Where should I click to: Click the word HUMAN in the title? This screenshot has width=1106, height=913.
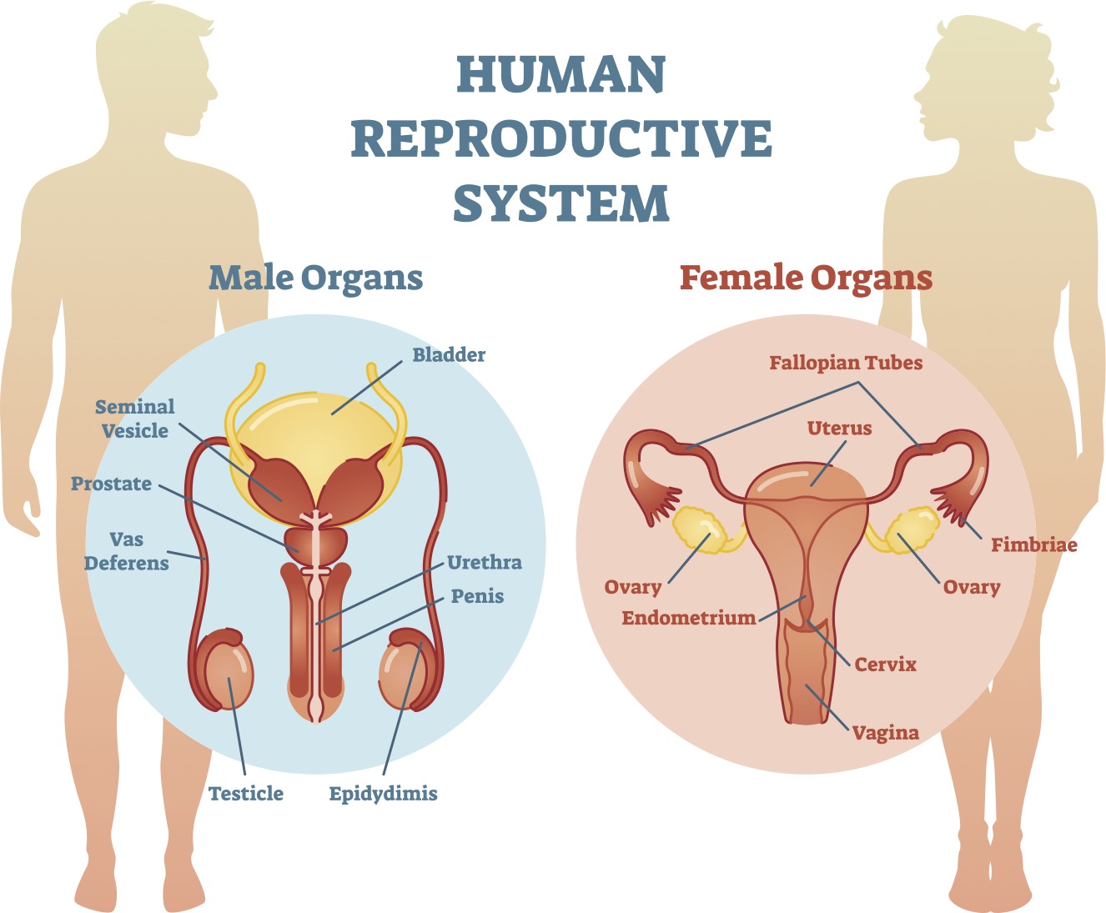[x=561, y=74]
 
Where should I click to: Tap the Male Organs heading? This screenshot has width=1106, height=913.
[x=315, y=278]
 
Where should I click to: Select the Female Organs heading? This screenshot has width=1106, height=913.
[x=806, y=278]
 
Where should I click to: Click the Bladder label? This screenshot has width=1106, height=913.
[x=449, y=354]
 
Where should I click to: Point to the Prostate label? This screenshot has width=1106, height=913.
[x=111, y=484]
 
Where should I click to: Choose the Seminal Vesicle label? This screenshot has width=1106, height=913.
[x=134, y=419]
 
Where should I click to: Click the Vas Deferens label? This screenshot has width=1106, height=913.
[x=127, y=551]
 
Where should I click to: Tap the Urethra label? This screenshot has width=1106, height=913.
[x=485, y=562]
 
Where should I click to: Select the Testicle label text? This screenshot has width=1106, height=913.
[x=246, y=793]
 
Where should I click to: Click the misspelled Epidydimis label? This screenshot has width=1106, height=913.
[x=383, y=793]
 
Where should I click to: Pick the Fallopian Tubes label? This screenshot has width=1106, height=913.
[x=846, y=363]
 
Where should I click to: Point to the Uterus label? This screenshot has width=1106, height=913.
[x=839, y=428]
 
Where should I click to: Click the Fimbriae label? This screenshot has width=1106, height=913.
[x=1034, y=544]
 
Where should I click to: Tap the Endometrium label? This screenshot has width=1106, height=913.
[x=689, y=618]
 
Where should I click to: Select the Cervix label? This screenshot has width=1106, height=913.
[x=885, y=665]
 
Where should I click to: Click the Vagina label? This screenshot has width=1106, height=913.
[x=885, y=733]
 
